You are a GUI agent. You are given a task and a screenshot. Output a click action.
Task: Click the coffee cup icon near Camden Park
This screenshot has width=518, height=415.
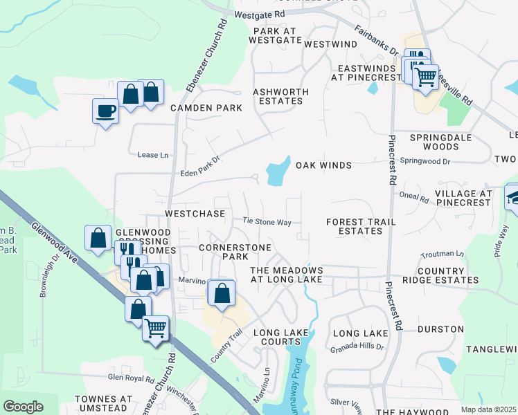[x=105, y=111]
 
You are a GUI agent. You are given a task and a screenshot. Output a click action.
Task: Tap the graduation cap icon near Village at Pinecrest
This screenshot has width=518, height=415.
[x=515, y=196]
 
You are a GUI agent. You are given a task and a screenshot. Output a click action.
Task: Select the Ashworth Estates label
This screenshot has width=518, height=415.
[x=278, y=96]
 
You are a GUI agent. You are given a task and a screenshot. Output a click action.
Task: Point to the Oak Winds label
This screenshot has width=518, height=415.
[x=323, y=165]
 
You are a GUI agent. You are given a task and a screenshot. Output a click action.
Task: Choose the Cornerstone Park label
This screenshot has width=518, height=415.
[x=223, y=252]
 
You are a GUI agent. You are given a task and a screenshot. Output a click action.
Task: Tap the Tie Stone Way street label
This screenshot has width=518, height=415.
[x=267, y=222]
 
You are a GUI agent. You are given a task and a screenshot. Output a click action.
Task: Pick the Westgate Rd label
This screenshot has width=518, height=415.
[x=260, y=14]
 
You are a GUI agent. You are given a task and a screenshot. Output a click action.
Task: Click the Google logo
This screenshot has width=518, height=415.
[x=23, y=407]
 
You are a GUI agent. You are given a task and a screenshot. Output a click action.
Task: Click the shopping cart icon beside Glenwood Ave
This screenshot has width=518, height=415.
[x=156, y=327]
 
